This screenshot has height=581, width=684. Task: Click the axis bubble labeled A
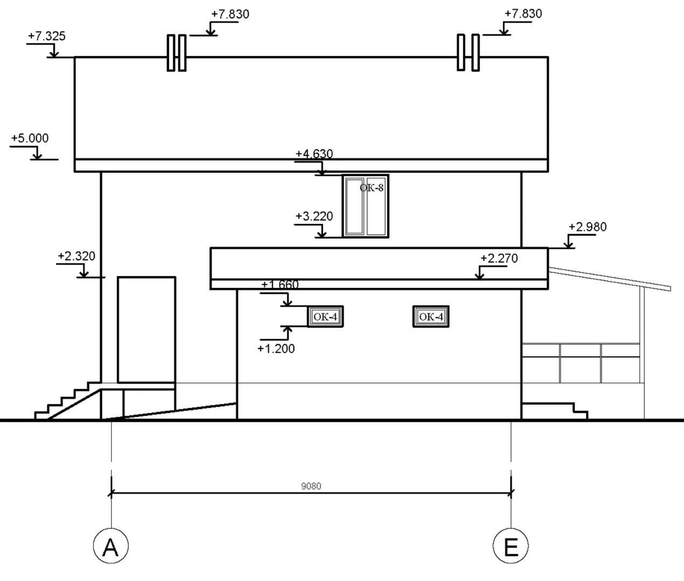(111, 545)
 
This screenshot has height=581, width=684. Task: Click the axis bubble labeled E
(511, 545)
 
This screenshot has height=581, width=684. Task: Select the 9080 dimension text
(311, 486)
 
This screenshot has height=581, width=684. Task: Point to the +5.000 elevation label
(30, 138)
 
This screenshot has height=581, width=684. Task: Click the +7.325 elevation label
(47, 36)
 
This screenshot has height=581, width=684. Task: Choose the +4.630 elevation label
(314, 154)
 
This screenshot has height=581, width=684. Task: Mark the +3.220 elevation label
(314, 216)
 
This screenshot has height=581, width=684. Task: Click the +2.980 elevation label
(588, 226)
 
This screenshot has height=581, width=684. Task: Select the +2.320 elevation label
(76, 256)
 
